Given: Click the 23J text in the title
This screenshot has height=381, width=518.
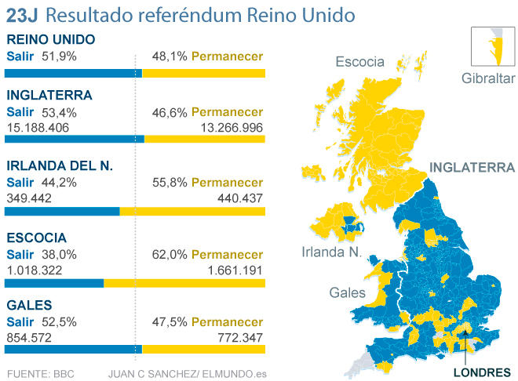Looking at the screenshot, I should [x=22, y=16].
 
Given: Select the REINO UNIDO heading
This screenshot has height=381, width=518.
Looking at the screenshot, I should [x=50, y=40].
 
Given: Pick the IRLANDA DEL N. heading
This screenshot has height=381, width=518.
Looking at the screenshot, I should [x=60, y=166].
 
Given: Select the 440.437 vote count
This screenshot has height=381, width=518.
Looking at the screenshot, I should [x=239, y=198].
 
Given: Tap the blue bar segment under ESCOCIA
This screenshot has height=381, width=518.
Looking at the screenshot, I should [x=54, y=283].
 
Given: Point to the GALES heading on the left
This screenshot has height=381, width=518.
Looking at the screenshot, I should [x=29, y=304].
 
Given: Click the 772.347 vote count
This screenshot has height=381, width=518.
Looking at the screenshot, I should [x=239, y=336].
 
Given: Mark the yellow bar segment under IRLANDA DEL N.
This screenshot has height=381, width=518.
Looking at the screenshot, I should [x=192, y=212].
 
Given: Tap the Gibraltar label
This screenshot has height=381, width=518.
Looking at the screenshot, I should [x=488, y=78].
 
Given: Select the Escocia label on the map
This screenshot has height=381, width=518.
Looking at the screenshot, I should [x=359, y=61].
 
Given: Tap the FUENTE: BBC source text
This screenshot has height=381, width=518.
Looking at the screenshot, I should [x=40, y=373].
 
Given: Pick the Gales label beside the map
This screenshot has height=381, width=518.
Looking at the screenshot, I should [x=348, y=292].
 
